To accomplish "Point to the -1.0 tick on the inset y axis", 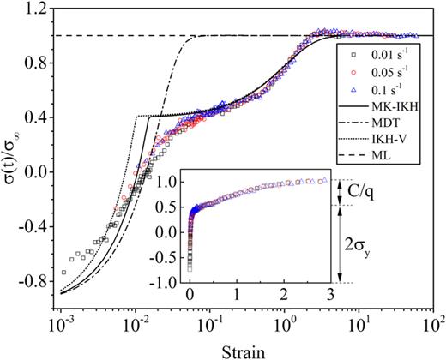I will [x=171, y=282].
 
